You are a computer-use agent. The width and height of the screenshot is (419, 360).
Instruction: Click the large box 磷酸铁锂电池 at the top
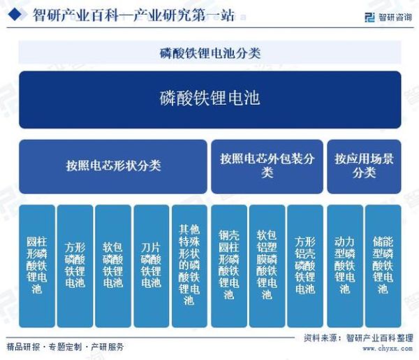(x=209, y=99)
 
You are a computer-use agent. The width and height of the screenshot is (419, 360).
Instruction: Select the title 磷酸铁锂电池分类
(x=209, y=52)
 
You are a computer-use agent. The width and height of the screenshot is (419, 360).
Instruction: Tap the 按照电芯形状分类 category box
(x=113, y=166)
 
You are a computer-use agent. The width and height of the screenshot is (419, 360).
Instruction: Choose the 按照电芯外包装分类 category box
(x=267, y=166)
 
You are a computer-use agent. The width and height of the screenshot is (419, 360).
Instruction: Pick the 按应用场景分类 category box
(x=364, y=166)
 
